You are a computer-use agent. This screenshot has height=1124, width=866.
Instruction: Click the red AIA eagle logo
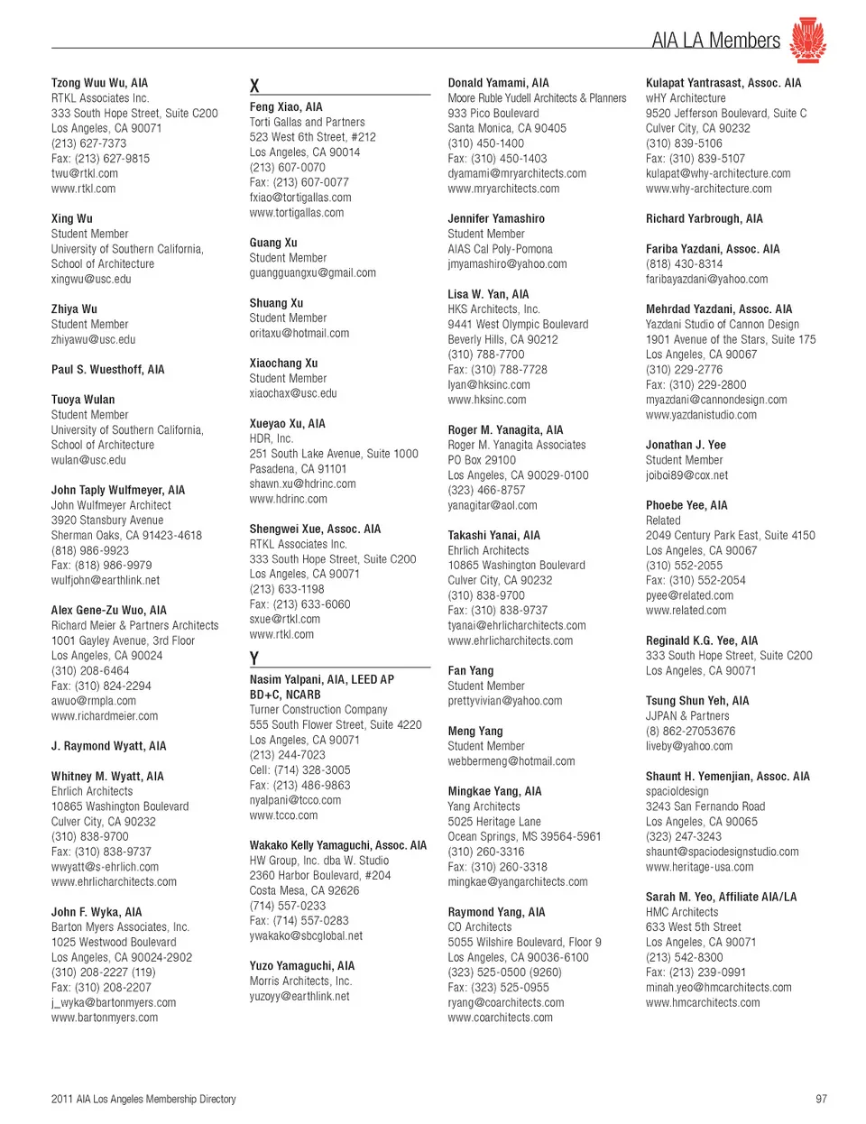click(x=807, y=40)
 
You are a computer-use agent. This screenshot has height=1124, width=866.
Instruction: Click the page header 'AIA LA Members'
click(x=715, y=41)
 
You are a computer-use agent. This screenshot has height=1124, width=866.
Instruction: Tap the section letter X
click(x=254, y=86)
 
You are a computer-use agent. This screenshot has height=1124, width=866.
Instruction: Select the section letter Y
click(x=254, y=659)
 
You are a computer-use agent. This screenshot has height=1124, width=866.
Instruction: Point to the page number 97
click(x=821, y=1099)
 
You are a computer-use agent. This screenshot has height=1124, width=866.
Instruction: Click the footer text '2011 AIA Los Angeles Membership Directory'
click(x=143, y=1099)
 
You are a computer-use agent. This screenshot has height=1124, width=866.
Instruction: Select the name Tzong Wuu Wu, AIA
click(x=99, y=83)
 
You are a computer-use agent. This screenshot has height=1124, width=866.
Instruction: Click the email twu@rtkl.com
click(x=85, y=173)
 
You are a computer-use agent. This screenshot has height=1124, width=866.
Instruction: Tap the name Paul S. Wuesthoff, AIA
click(x=107, y=369)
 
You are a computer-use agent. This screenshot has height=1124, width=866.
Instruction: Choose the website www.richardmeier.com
click(x=105, y=716)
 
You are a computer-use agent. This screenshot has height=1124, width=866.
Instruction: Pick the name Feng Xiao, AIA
click(x=286, y=107)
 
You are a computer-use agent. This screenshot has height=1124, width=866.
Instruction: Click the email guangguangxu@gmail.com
click(x=313, y=272)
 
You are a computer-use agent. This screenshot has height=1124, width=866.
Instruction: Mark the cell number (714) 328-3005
click(x=299, y=770)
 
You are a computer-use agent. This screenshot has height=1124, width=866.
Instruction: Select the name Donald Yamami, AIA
click(x=498, y=83)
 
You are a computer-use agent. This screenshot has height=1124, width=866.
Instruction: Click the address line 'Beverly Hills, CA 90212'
click(x=502, y=339)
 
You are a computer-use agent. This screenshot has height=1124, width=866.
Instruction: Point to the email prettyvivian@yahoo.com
click(x=504, y=701)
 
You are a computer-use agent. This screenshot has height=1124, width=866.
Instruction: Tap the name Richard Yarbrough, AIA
click(x=704, y=218)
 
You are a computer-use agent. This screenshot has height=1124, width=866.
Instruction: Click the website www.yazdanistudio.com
click(x=701, y=415)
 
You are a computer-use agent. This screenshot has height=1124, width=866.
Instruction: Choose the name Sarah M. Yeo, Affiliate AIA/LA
click(x=721, y=897)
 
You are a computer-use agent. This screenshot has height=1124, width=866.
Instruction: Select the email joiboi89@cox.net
click(x=686, y=475)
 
